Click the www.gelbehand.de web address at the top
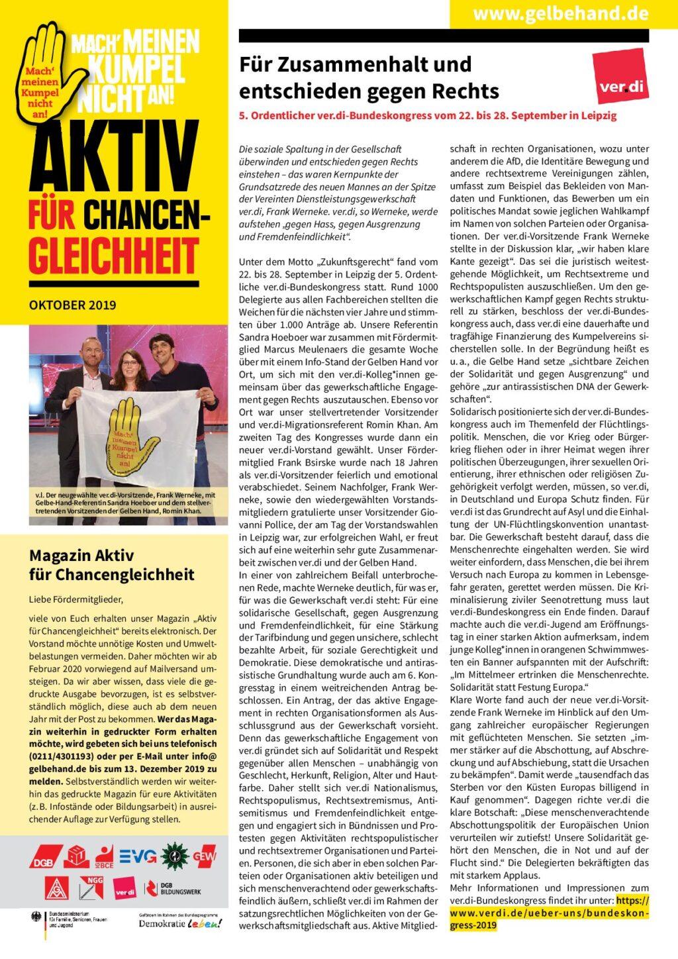click(563, 13)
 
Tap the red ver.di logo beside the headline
click(620, 75)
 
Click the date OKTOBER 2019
click(73, 305)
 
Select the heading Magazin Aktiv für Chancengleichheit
click(111, 564)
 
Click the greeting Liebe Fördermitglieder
click(76, 600)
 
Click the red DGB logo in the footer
click(46, 858)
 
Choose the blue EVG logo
click(138, 856)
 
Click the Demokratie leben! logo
click(180, 923)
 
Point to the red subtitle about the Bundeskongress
click(428, 115)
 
